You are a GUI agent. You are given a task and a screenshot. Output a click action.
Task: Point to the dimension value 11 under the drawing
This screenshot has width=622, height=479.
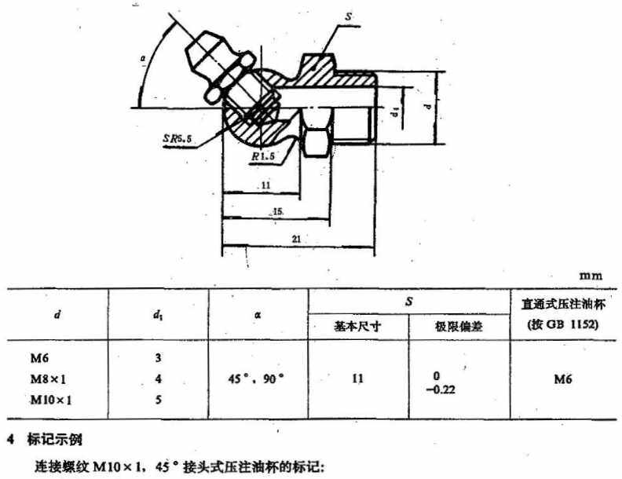click(265, 185)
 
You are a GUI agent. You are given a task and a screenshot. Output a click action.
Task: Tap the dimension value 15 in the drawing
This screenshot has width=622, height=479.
click(278, 212)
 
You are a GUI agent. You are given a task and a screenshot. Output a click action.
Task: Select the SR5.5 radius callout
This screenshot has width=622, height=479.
click(179, 137)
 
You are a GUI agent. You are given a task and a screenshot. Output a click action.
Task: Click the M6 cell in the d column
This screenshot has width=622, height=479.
click(39, 358)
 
